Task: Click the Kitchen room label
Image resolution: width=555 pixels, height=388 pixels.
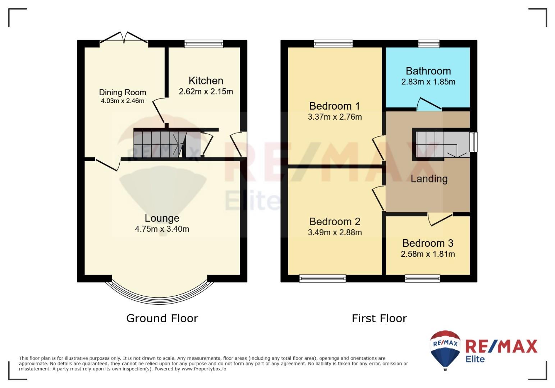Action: [206, 81]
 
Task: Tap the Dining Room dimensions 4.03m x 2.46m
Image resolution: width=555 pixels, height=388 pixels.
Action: [123, 101]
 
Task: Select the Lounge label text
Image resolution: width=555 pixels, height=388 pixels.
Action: [162, 218]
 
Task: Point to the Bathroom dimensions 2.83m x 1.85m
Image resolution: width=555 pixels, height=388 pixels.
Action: [428, 82]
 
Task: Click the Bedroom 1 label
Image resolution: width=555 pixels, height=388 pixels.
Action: [335, 106]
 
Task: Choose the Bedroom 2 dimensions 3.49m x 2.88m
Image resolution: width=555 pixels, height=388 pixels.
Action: [335, 232]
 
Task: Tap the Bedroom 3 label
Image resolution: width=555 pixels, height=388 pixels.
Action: [428, 243]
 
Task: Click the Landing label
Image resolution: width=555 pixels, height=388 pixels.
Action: [429, 179]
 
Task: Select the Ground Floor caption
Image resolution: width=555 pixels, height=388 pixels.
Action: [162, 318]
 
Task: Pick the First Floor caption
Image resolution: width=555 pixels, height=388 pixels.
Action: [379, 318]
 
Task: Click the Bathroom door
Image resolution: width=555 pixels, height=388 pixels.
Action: [429, 104]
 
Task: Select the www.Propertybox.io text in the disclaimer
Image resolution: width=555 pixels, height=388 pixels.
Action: [204, 369]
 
